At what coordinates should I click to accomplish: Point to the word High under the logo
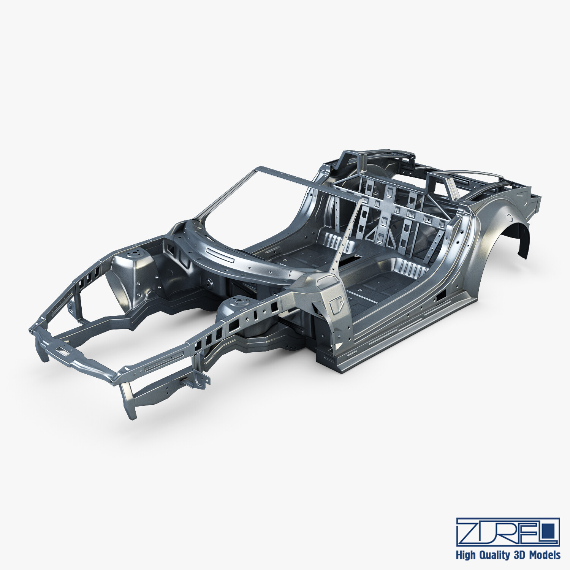[465, 555]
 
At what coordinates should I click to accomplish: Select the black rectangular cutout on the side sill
[442, 295]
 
